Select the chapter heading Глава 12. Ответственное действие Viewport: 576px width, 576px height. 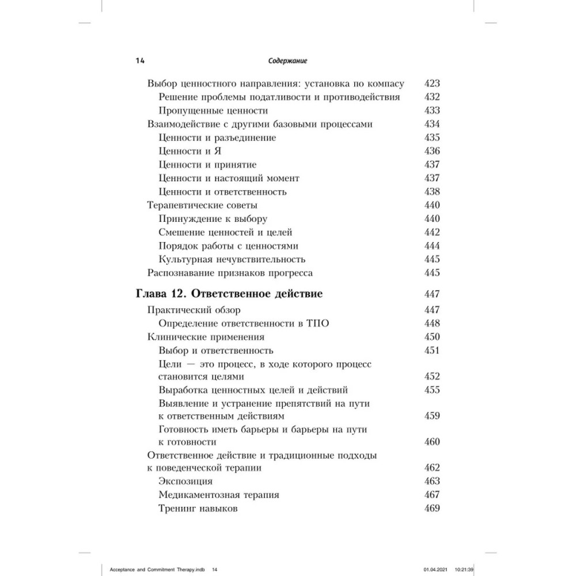point(229,294)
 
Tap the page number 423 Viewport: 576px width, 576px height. point(431,83)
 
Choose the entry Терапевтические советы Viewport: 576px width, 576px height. point(202,205)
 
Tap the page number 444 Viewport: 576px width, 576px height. point(431,246)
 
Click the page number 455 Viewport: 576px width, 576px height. point(431,390)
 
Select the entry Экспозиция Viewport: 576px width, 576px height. point(185,481)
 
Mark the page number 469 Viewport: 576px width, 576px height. point(431,509)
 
